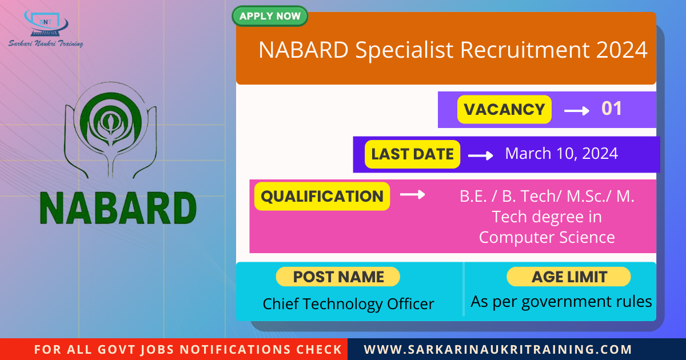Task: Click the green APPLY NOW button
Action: pyautogui.click(x=270, y=16)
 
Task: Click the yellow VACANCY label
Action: pyautogui.click(x=504, y=110)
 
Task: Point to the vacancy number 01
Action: pyautogui.click(x=611, y=109)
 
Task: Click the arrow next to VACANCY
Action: pyautogui.click(x=577, y=111)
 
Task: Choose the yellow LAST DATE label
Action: pyautogui.click(x=412, y=154)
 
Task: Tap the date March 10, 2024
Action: pyautogui.click(x=561, y=153)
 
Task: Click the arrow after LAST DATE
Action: pyautogui.click(x=481, y=155)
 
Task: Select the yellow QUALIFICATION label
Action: pyautogui.click(x=322, y=197)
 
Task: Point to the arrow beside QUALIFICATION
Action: pyautogui.click(x=413, y=195)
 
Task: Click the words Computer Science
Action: pyautogui.click(x=547, y=237)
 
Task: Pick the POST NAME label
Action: pyautogui.click(x=338, y=277)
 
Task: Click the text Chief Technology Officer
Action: pyautogui.click(x=348, y=304)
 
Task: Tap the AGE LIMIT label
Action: pyautogui.click(x=569, y=277)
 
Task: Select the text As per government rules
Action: pyautogui.click(x=561, y=302)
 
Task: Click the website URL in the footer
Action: pyautogui.click(x=498, y=349)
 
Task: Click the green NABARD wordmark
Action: pyautogui.click(x=118, y=209)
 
